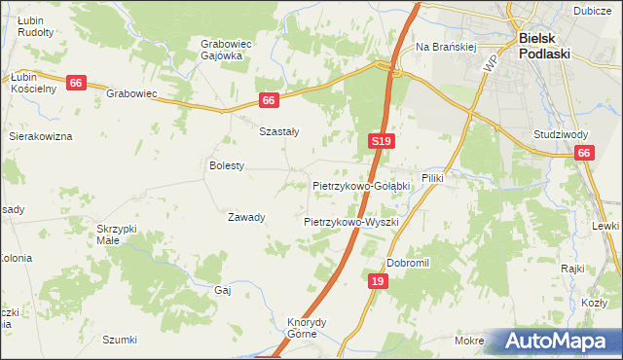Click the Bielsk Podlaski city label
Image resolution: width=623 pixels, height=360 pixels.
click(x=550, y=45)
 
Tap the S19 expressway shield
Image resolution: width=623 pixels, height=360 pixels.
click(x=382, y=142)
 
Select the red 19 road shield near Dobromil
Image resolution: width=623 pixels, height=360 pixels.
click(x=379, y=281)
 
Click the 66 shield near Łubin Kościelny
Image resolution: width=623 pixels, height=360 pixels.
click(x=76, y=84)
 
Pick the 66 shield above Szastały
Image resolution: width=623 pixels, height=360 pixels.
click(x=270, y=100)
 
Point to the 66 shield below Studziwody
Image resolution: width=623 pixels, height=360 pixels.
click(x=584, y=153)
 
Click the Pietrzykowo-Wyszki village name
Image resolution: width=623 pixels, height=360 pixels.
click(x=351, y=222)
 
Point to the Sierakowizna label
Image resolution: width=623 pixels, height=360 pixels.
click(x=41, y=137)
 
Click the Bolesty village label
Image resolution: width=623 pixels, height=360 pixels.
click(x=226, y=166)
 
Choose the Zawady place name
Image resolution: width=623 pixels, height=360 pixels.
click(x=246, y=217)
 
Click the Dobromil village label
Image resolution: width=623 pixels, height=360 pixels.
click(x=408, y=263)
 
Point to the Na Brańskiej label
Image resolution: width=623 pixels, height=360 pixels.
click(x=445, y=46)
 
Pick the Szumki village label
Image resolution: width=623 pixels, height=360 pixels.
click(x=120, y=340)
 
